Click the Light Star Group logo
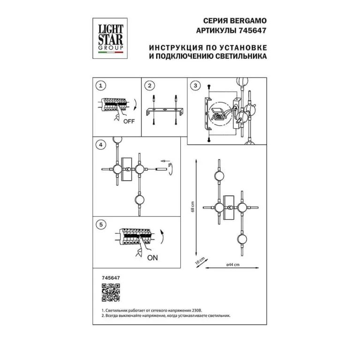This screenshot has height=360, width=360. (110, 38)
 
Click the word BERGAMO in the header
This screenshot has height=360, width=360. (248, 21)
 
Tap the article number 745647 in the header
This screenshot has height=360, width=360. (253, 31)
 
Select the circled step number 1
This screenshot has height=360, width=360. (100, 86)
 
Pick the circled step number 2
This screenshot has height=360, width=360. (150, 85)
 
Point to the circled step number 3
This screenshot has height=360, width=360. (195, 85)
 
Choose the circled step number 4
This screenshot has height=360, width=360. (100, 145)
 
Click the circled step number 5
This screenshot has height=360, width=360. (101, 224)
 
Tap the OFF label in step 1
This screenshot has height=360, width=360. (129, 121)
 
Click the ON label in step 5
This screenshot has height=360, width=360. (153, 258)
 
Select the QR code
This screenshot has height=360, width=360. (111, 292)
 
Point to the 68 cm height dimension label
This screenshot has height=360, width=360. (192, 207)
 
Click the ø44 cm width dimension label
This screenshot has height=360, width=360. (233, 265)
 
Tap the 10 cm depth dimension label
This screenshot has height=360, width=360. (200, 261)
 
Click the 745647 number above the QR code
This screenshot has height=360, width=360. (111, 278)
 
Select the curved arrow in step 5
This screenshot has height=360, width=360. (162, 237)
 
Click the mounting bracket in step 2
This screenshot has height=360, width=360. (164, 111)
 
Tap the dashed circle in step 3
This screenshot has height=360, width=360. (221, 114)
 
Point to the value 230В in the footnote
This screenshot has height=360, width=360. (197, 310)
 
